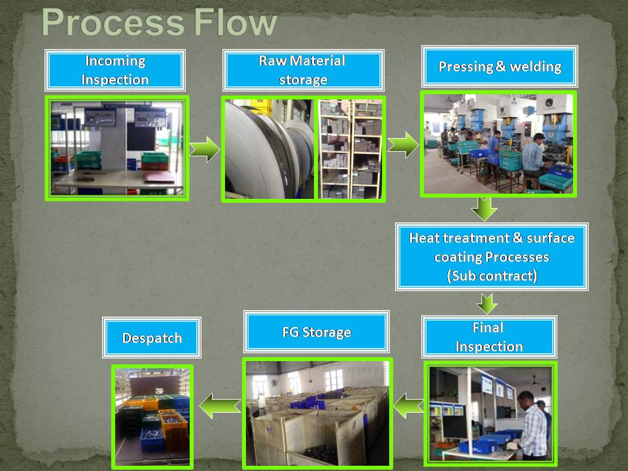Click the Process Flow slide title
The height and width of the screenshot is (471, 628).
point(159,22)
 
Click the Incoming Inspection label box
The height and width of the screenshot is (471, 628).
point(115,70)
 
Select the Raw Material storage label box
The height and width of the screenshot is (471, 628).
point(303,70)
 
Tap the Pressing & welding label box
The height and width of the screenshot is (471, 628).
point(499,67)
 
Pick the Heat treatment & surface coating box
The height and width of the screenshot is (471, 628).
point(492,256)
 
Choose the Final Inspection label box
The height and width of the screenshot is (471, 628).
point(489,337)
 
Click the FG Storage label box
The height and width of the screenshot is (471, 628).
point(317,332)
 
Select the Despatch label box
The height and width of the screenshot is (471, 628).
point(152,338)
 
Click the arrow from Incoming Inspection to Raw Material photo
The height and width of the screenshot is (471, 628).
point(205,149)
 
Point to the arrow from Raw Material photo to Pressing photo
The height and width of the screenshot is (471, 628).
point(403,145)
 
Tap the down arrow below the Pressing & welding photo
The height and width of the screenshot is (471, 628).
point(485,209)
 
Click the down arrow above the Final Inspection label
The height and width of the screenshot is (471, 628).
point(487,304)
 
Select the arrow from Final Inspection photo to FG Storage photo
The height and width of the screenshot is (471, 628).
point(408,406)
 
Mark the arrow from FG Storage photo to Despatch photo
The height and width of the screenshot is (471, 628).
point(220,406)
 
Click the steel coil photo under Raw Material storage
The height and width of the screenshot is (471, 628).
point(269,149)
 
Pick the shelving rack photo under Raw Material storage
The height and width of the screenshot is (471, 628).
point(350,149)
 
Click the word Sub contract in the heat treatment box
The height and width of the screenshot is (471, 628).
point(492,276)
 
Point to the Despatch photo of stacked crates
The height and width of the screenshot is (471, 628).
point(152,416)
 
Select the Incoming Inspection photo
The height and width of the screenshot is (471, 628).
point(117,148)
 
